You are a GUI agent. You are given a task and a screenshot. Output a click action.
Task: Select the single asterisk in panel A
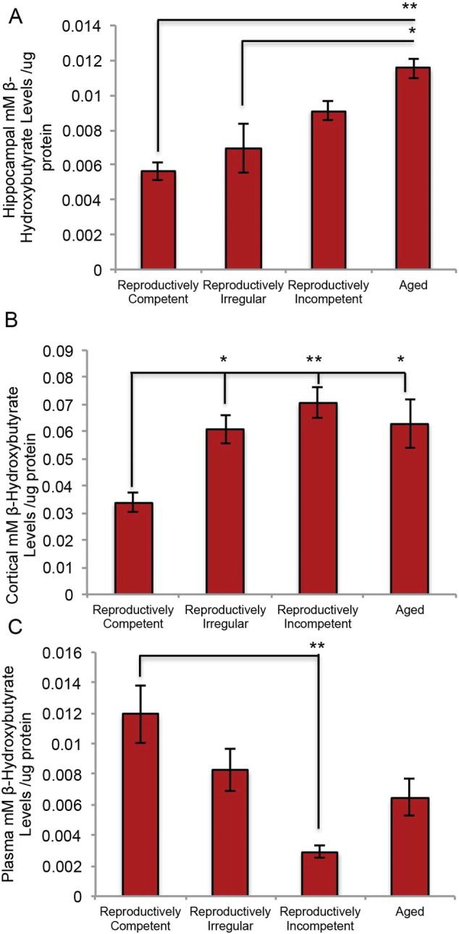tap(412, 33)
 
